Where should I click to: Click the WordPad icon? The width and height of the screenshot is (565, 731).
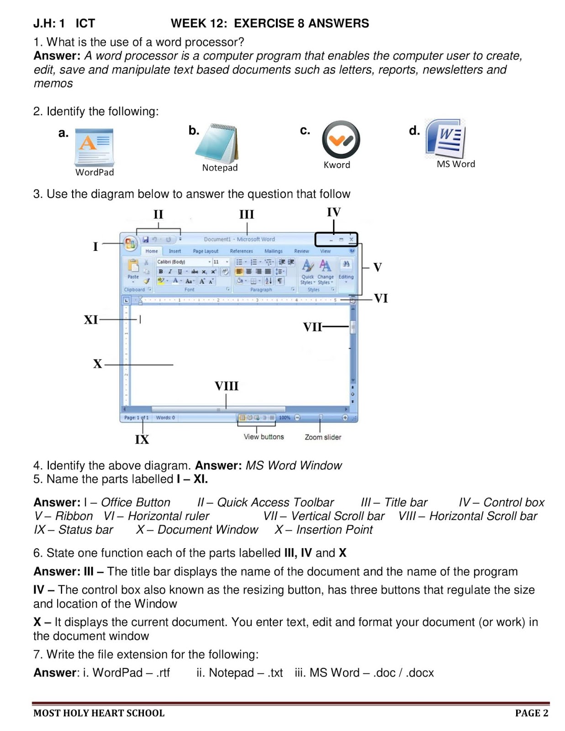coord(94,147)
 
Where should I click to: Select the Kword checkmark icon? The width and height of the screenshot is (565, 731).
coord(341,139)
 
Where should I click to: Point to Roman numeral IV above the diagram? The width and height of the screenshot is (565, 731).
coord(333,212)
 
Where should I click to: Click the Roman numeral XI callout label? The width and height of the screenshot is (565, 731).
coord(90,320)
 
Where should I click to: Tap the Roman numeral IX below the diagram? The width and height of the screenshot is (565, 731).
coord(142,440)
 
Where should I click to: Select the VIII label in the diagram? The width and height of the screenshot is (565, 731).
coord(227,387)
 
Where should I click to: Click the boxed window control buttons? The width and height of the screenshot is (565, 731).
coord(336,239)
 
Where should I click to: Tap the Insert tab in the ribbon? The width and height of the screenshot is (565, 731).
coord(174,251)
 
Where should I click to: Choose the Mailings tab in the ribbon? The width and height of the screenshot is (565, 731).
coord(273,251)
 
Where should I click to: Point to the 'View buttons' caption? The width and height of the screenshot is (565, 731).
coord(264,437)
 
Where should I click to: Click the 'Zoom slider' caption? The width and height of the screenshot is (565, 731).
coord(323,437)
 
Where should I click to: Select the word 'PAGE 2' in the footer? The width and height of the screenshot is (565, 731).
coord(531,713)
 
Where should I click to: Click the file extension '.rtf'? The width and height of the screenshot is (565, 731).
coord(163,673)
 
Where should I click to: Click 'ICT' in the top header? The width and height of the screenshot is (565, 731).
coord(85,23)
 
